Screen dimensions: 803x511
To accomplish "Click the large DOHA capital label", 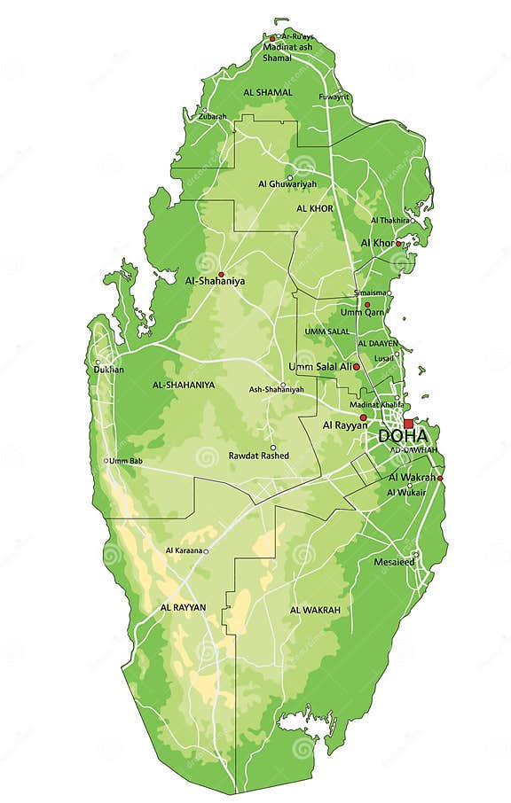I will pyautogui.click(x=403, y=436).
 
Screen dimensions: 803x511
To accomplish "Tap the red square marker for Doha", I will pyautogui.click(x=409, y=424).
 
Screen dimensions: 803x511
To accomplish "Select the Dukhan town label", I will pyautogui.click(x=110, y=369).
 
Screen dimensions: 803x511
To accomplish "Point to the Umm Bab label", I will pyautogui.click(x=125, y=461).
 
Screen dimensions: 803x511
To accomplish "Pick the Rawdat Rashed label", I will pyautogui.click(x=259, y=456).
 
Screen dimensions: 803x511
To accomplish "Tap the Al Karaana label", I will pyautogui.click(x=184, y=550).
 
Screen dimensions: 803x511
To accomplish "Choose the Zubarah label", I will pyautogui.click(x=213, y=116).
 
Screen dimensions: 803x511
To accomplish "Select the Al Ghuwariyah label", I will pyautogui.click(x=287, y=183).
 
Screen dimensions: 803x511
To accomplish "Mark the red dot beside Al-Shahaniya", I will pyautogui.click(x=221, y=274).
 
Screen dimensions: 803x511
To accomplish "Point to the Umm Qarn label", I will pyautogui.click(x=361, y=312).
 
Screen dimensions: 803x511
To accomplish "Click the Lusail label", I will pyautogui.click(x=384, y=357).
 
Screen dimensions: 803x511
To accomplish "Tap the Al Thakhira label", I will pyautogui.click(x=390, y=220).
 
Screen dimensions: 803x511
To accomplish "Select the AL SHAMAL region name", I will pyautogui.click(x=268, y=92).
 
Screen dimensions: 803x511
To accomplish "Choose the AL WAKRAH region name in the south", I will pyautogui.click(x=314, y=611).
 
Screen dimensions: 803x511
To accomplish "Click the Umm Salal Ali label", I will pyautogui.click(x=320, y=366).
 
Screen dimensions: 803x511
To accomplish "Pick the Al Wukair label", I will pyautogui.click(x=406, y=492).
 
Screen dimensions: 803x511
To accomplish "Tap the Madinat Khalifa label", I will pyautogui.click(x=377, y=405).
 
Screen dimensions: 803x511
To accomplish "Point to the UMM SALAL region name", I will pyautogui.click(x=327, y=331).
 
